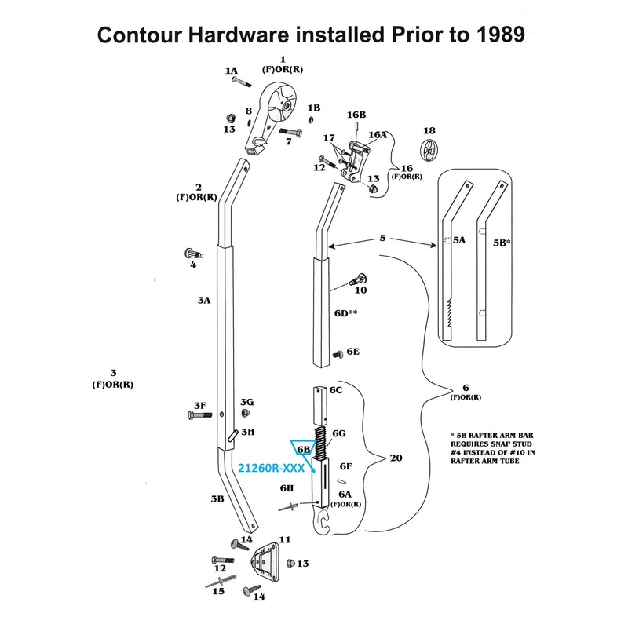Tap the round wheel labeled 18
point(429,150)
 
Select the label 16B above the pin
point(357,115)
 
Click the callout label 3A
point(203,301)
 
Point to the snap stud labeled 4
point(193,254)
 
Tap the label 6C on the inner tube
point(336,390)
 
